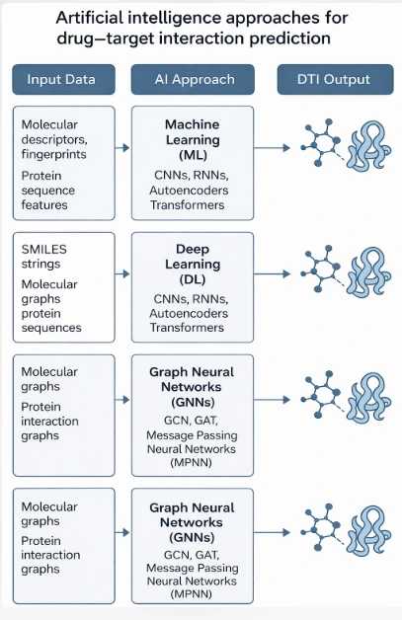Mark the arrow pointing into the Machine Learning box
pos(122,148)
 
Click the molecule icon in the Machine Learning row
pos(318,148)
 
